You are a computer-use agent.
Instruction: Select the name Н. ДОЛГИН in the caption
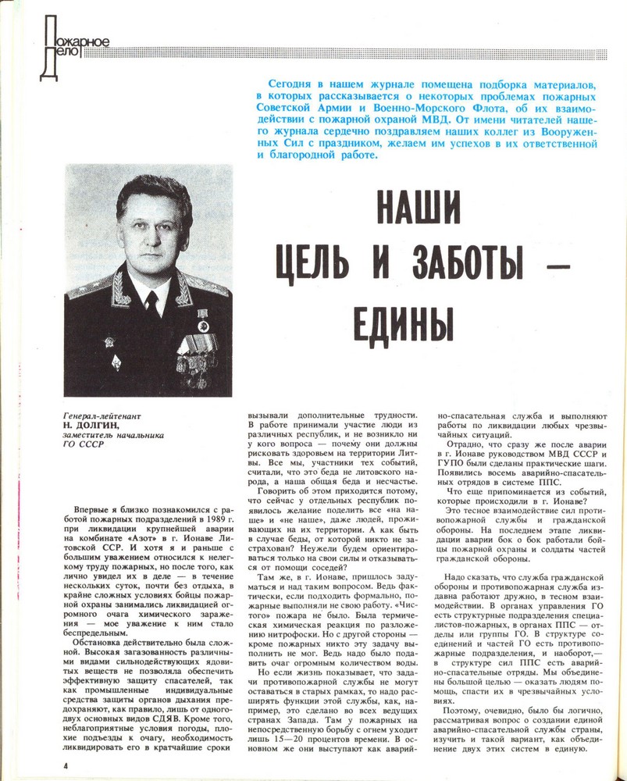[x=92, y=426]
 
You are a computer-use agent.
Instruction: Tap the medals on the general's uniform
[x=195, y=348]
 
